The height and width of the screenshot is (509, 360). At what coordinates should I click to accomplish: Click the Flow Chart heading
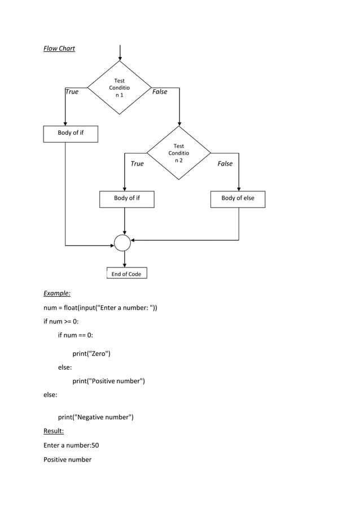click(x=59, y=49)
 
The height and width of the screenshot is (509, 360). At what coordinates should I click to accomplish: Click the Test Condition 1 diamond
click(x=120, y=88)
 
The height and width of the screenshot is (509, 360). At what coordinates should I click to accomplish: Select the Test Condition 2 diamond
click(x=179, y=153)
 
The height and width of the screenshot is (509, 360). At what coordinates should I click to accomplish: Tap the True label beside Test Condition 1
click(x=72, y=91)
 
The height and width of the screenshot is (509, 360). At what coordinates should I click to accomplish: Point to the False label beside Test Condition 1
click(x=160, y=91)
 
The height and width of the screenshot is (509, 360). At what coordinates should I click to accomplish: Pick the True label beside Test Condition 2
click(x=137, y=164)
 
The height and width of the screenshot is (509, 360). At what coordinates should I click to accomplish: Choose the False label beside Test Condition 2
click(x=225, y=164)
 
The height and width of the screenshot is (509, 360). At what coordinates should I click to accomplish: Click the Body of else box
click(x=238, y=199)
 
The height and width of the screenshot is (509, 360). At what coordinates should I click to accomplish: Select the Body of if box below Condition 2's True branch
click(x=127, y=199)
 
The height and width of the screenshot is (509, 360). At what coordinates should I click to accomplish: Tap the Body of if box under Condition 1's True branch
click(x=71, y=134)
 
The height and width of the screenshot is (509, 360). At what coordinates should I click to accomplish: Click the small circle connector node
click(x=122, y=243)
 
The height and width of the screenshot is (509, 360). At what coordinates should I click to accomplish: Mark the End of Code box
click(x=126, y=274)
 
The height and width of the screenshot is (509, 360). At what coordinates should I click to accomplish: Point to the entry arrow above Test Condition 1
click(x=120, y=52)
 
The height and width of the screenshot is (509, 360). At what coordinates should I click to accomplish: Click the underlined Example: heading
click(x=57, y=293)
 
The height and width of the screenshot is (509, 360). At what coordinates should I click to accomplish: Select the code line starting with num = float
click(x=100, y=308)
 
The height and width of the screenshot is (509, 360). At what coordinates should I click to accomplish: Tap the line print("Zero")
click(x=91, y=354)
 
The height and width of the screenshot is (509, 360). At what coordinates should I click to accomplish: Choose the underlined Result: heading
click(x=54, y=432)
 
